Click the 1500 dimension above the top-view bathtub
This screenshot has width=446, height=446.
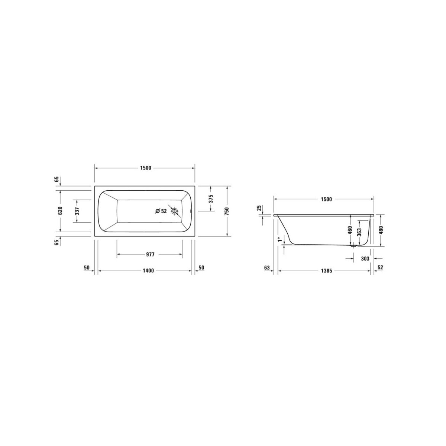(146, 168)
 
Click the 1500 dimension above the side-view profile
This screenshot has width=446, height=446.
(326, 199)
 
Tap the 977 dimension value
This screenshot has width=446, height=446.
(150, 255)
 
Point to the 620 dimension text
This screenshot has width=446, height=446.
(60, 211)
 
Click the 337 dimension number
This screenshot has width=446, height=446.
(77, 211)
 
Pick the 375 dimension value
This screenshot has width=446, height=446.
(211, 199)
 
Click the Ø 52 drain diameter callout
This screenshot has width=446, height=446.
(161, 211)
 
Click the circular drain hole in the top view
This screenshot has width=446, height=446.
(174, 211)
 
